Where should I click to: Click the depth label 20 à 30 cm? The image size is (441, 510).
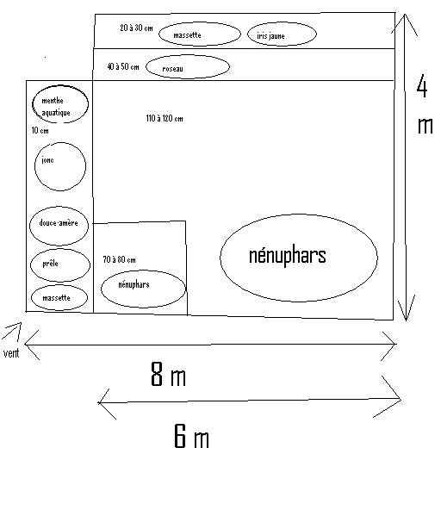[136, 28]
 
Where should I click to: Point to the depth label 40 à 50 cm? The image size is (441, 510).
[123, 66]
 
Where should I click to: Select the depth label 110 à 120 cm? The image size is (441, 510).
[165, 118]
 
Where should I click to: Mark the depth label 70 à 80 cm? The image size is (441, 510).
[119, 259]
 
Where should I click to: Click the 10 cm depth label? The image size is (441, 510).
[40, 130]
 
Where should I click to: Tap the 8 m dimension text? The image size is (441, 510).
[169, 374]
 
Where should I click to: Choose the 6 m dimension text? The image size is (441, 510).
[191, 436]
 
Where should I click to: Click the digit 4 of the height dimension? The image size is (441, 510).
[422, 86]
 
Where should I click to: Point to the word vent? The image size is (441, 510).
[11, 353]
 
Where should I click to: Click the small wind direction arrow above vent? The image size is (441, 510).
[12, 331]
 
